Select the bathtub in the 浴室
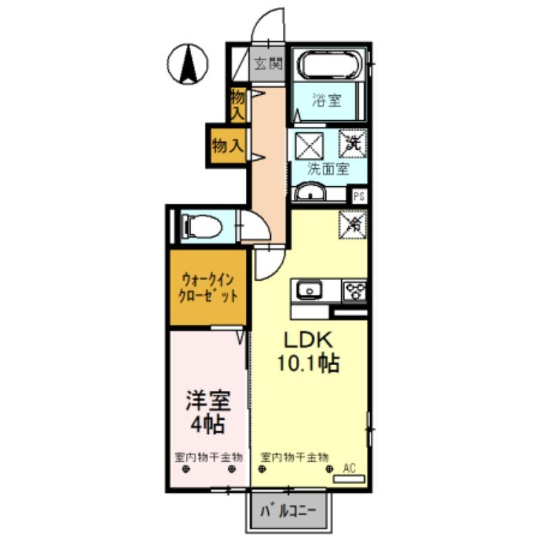(329, 65)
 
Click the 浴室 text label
(327, 101)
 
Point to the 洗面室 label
(328, 169)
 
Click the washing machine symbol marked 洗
(353, 143)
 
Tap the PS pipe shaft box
(359, 197)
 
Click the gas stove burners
(355, 291)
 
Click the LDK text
(307, 340)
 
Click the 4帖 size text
(208, 425)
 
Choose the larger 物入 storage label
(228, 145)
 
